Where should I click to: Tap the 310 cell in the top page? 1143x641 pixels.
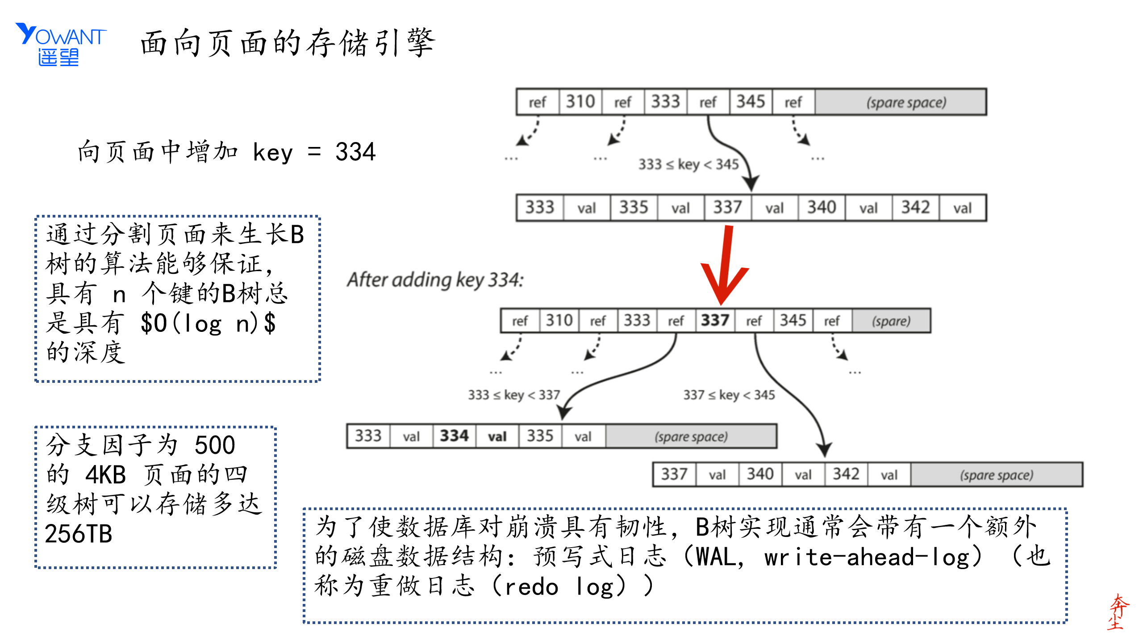[x=580, y=102]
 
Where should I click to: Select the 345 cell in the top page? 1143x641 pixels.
[x=751, y=102]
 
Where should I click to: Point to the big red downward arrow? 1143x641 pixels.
[x=725, y=266]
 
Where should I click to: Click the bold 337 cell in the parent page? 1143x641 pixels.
[x=715, y=320]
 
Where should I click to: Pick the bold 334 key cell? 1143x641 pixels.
[x=454, y=436]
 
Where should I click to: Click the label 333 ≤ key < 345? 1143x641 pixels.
[x=688, y=164]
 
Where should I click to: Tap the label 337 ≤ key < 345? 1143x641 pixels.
[x=729, y=395]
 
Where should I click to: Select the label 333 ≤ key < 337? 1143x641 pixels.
[x=514, y=395]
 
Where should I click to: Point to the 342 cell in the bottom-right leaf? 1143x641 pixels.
[x=846, y=474]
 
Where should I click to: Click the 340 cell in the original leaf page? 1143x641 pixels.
[x=822, y=208]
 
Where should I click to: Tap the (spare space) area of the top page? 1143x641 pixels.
[x=906, y=103]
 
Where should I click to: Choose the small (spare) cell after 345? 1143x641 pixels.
[x=891, y=321]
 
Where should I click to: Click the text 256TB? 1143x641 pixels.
[x=79, y=534]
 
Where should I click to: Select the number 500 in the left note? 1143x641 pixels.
[x=215, y=445]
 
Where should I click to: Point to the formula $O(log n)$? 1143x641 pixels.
[x=208, y=323]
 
